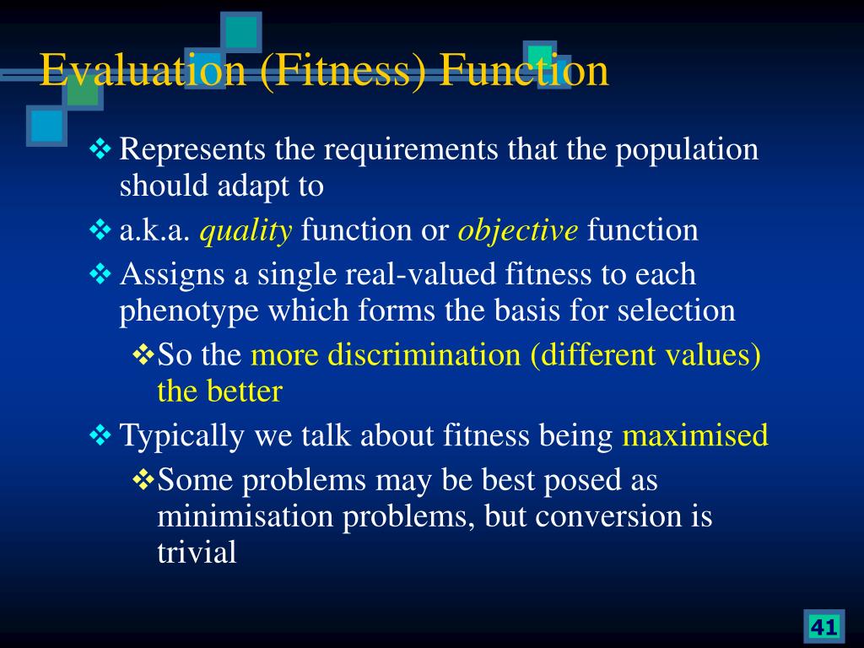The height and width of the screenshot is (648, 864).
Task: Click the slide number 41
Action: tap(823, 627)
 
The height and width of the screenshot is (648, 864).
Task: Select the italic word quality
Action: tap(246, 230)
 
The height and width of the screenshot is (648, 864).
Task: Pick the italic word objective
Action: tap(518, 230)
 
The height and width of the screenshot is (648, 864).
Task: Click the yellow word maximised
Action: tap(695, 435)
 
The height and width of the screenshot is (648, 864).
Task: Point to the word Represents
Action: tap(192, 150)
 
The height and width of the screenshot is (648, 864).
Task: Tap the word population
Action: tap(687, 150)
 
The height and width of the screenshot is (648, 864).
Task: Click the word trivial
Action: tap(197, 553)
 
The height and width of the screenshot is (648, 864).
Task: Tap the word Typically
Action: tap(182, 436)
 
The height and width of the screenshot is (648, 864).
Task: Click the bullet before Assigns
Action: tap(100, 273)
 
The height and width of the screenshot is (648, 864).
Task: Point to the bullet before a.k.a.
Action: tap(100, 229)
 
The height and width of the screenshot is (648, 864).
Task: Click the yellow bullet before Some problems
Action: tap(143, 479)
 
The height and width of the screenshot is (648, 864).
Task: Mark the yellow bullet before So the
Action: tap(143, 354)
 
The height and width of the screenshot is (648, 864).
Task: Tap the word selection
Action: tap(676, 310)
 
